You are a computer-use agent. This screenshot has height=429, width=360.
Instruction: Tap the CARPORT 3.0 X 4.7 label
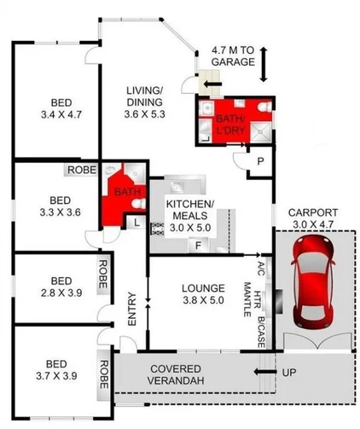[x=313, y=218]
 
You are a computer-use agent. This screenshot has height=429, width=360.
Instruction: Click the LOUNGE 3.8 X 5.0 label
[x=202, y=305]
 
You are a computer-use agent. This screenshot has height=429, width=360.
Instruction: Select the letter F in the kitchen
[x=198, y=246]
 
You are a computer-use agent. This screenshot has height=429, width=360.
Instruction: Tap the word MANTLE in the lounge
[x=247, y=304]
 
